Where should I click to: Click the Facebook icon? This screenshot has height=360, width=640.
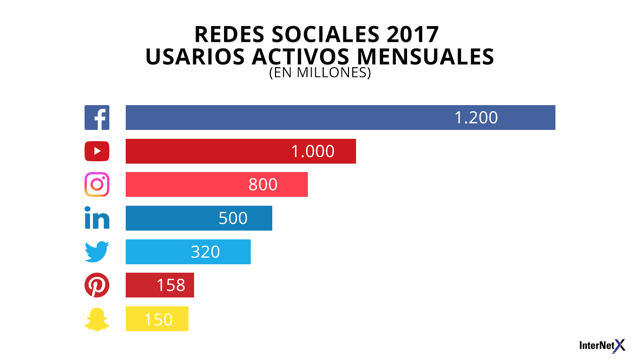(97, 118)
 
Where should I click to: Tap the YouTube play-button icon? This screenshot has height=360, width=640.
(97, 152)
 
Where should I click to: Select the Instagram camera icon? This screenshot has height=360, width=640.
(97, 185)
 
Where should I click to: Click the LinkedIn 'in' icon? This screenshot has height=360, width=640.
(97, 218)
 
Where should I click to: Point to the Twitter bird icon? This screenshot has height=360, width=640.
(97, 252)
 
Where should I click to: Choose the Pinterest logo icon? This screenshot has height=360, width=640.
(97, 286)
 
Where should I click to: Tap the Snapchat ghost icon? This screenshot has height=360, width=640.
(97, 320)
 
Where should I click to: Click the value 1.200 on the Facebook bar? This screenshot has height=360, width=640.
(475, 118)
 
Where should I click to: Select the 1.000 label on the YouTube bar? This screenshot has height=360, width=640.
(313, 152)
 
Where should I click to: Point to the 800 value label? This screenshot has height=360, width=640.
(263, 185)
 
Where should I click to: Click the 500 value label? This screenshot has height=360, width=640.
(232, 218)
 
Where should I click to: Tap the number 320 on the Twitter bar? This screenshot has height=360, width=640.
(205, 252)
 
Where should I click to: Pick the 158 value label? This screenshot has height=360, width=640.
(170, 286)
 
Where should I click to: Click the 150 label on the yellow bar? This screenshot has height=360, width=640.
(158, 320)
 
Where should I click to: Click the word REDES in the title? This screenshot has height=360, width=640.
(235, 36)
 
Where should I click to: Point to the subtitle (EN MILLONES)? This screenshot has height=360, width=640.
(319, 73)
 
